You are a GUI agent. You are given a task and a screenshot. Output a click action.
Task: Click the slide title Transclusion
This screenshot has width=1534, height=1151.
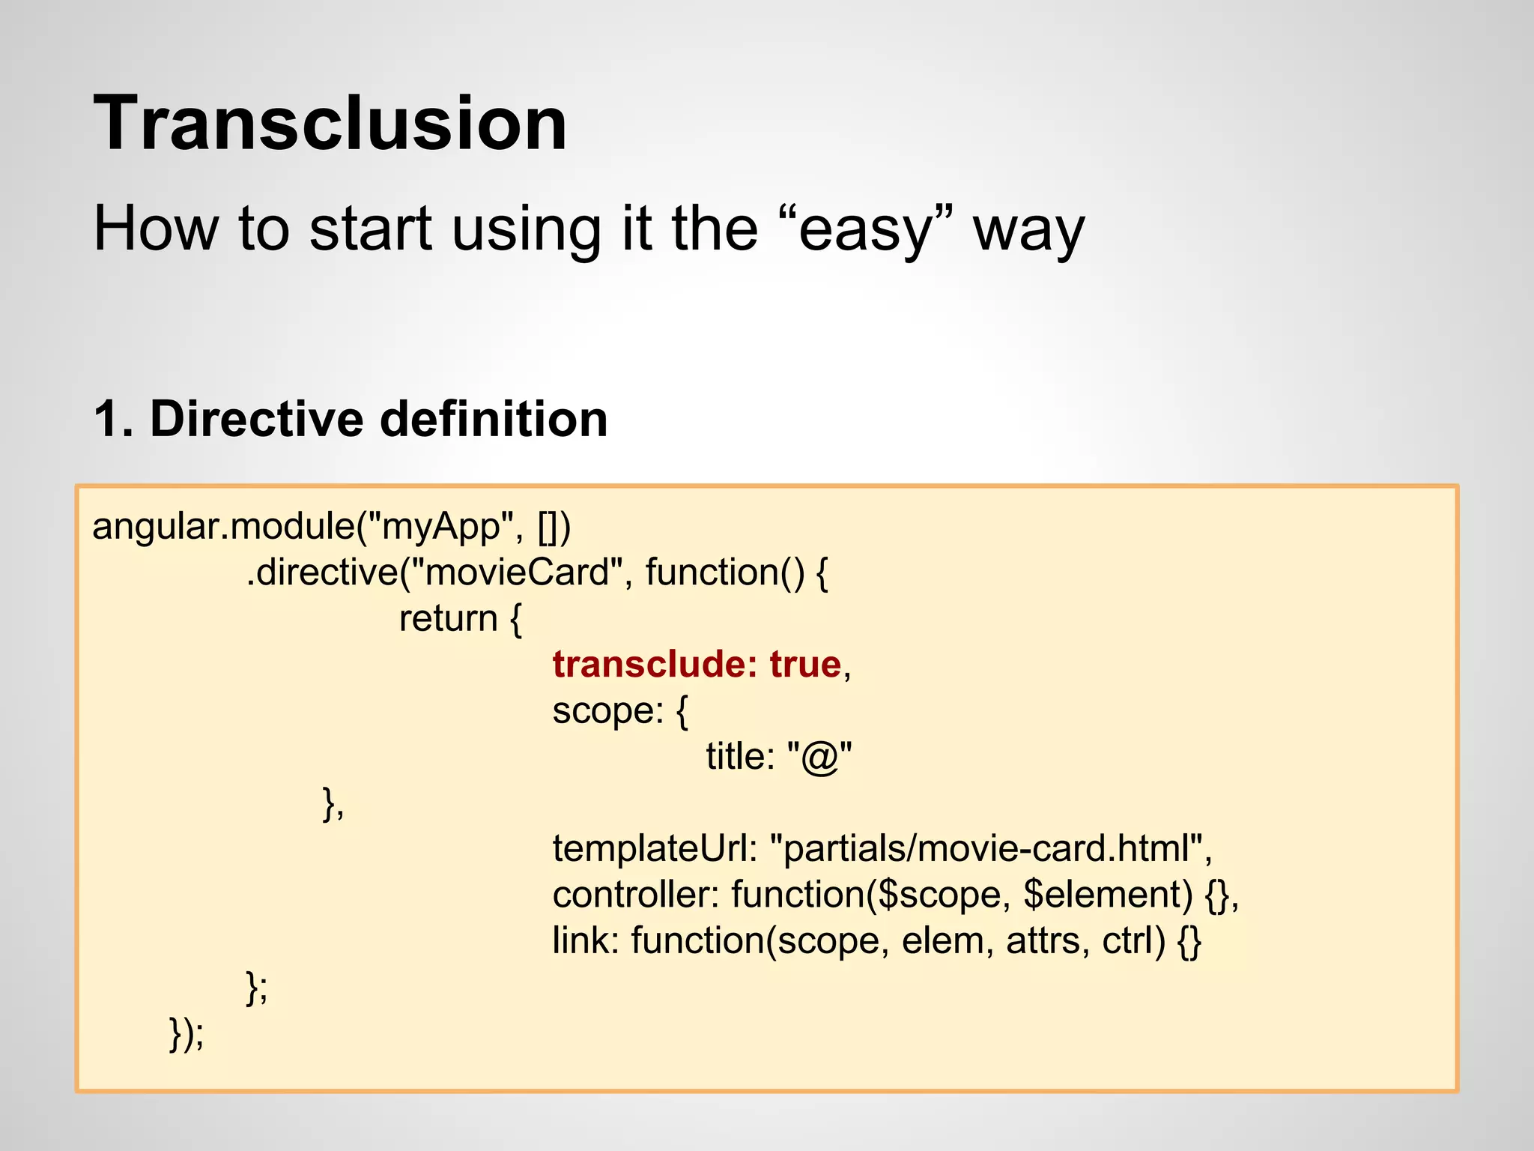tap(330, 124)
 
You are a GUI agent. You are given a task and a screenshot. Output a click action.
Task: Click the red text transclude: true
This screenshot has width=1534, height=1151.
tap(697, 664)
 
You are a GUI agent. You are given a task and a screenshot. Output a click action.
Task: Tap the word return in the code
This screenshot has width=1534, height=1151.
tap(448, 619)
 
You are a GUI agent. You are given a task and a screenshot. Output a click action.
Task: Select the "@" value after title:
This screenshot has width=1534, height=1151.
tap(819, 757)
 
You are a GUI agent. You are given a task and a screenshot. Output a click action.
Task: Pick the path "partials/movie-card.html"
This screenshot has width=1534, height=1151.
tap(987, 849)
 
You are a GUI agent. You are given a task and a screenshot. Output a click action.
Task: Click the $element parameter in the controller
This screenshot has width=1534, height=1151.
tap(1107, 895)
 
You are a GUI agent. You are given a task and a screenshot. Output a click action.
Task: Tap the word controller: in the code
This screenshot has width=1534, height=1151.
tap(635, 895)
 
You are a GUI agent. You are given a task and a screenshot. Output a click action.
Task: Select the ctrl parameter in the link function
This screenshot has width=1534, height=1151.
tap(1133, 941)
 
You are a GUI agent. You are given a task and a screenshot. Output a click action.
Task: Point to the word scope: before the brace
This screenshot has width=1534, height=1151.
tap(607, 710)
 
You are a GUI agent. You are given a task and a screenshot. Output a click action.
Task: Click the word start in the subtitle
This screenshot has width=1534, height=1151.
tap(370, 229)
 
